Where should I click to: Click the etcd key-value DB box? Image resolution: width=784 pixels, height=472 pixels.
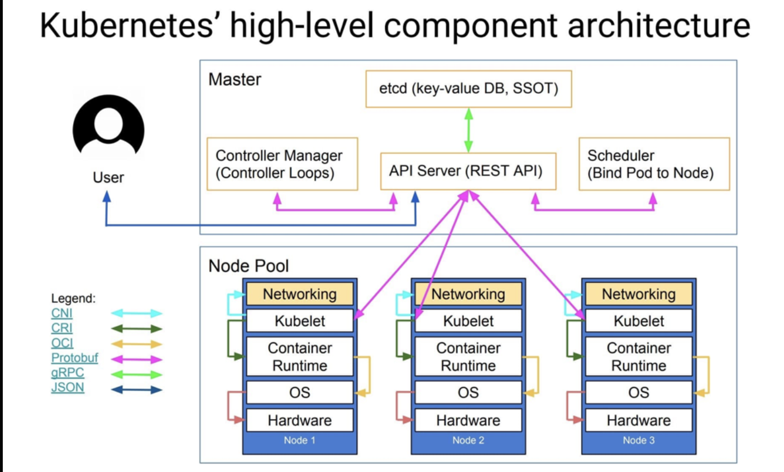coord(469,89)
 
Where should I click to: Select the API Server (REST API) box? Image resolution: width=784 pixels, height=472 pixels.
coord(468,171)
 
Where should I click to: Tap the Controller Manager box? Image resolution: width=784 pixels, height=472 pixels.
coord(282,164)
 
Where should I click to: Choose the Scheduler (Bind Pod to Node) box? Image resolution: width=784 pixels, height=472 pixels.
coord(654,164)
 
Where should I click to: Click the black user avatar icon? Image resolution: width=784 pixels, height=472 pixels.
coord(108,127)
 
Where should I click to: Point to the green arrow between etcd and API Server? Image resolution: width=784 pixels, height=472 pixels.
coord(469,130)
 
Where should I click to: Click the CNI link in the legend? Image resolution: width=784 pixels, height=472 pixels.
coord(62,313)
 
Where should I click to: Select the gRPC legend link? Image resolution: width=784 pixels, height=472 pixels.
coord(68,373)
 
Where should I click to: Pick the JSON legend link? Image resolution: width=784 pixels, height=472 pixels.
coord(68,387)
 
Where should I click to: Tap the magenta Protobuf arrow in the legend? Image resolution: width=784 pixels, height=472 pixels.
coord(137,359)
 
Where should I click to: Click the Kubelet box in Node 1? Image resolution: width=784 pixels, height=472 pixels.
coord(300,321)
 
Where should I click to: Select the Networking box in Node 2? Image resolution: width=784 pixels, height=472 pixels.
coord(468,294)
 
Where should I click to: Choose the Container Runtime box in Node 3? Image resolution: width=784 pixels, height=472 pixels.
coord(638,357)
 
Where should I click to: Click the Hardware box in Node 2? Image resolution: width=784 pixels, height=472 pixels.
coord(468,420)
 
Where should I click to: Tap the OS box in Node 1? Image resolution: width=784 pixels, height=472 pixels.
coord(300,393)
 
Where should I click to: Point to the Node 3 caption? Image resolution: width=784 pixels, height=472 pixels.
coord(638,440)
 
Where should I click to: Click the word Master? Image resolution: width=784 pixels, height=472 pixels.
coord(235,79)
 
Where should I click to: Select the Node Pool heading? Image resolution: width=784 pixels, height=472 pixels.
coord(248,266)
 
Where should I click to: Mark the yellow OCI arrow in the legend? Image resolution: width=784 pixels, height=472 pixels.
coord(137,344)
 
